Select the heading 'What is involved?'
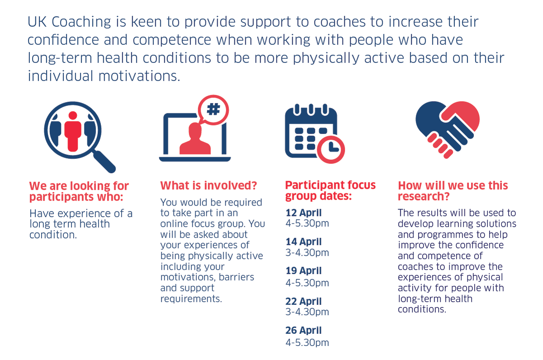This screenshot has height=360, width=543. pos(209,186)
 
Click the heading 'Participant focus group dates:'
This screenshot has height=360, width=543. pos(330,191)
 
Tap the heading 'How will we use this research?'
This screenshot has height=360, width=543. pos(453,191)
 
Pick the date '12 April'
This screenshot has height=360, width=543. pos(304,213)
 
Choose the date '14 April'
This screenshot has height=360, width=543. pos(304,242)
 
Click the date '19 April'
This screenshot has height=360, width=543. pos(304,271)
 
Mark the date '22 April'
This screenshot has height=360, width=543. pos(304,301)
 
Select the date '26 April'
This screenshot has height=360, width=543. pos(304,331)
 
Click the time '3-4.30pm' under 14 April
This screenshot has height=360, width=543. pos(307,253)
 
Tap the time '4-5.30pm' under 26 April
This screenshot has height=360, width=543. pos(307,342)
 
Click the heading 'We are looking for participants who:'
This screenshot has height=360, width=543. pos(79,192)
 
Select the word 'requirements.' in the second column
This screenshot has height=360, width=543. pos(191,299)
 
